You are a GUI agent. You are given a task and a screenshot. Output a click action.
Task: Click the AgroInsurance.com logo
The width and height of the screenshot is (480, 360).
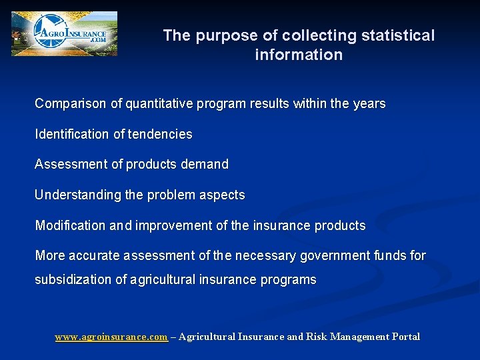tap(64, 33)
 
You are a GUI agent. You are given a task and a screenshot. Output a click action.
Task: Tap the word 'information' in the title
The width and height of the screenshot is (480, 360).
tap(299, 55)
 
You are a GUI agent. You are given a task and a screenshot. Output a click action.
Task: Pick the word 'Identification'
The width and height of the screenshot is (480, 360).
tap(72, 134)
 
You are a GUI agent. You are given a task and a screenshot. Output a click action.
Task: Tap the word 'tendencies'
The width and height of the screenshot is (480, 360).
tap(160, 134)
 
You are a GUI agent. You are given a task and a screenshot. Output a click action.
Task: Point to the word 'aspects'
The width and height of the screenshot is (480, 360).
tap(223, 195)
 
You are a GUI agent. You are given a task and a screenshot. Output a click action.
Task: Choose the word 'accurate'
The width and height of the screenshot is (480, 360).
tap(95, 255)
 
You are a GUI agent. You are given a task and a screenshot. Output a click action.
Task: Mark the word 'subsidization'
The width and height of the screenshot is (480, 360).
tap(73, 279)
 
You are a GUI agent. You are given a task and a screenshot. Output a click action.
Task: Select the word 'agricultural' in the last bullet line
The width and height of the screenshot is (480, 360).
tap(164, 279)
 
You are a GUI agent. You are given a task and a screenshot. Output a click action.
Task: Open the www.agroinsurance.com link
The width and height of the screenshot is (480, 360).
tap(111, 337)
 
